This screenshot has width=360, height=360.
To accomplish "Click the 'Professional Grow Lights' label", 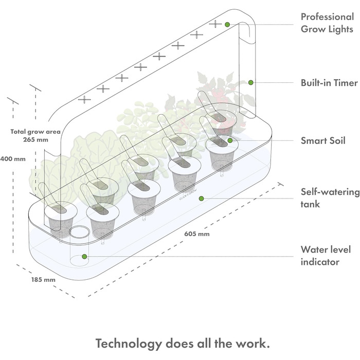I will pyautogui.click(x=328, y=23).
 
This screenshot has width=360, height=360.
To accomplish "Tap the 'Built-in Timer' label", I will pyautogui.click(x=329, y=82).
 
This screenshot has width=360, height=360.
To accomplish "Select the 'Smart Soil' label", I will pyautogui.click(x=323, y=140).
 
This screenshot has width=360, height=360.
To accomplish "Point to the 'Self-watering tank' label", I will pyautogui.click(x=330, y=199).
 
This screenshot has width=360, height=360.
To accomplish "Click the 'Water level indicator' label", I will pyautogui.click(x=325, y=256).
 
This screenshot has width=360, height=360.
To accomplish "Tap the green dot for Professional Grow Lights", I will pyautogui.click(x=227, y=24).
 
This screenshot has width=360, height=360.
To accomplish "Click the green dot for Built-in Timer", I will pyautogui.click(x=250, y=82).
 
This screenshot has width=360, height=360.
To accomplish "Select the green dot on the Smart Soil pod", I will pyautogui.click(x=230, y=140).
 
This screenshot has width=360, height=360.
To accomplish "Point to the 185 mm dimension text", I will pyautogui.click(x=43, y=280).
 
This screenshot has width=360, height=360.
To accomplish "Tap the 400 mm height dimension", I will pyautogui.click(x=12, y=158).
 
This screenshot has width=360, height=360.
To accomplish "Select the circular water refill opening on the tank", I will pyautogui.click(x=80, y=233).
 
